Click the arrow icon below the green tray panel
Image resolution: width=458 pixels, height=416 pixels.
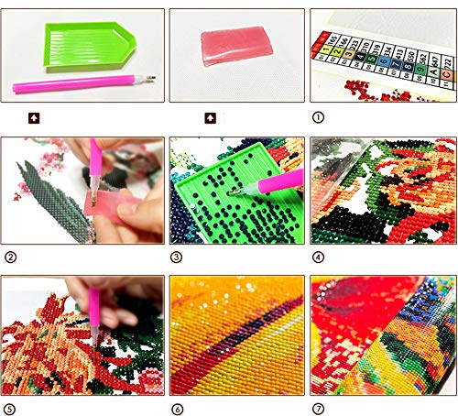pyautogui.click(x=34, y=117)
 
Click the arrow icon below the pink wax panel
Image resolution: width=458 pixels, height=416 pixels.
pyautogui.click(x=210, y=117)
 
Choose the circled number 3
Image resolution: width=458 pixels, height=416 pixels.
pyautogui.click(x=177, y=257)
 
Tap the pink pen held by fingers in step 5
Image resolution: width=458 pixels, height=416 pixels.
pyautogui.click(x=95, y=302)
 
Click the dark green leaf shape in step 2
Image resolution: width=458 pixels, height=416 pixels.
pyautogui.click(x=50, y=197)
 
